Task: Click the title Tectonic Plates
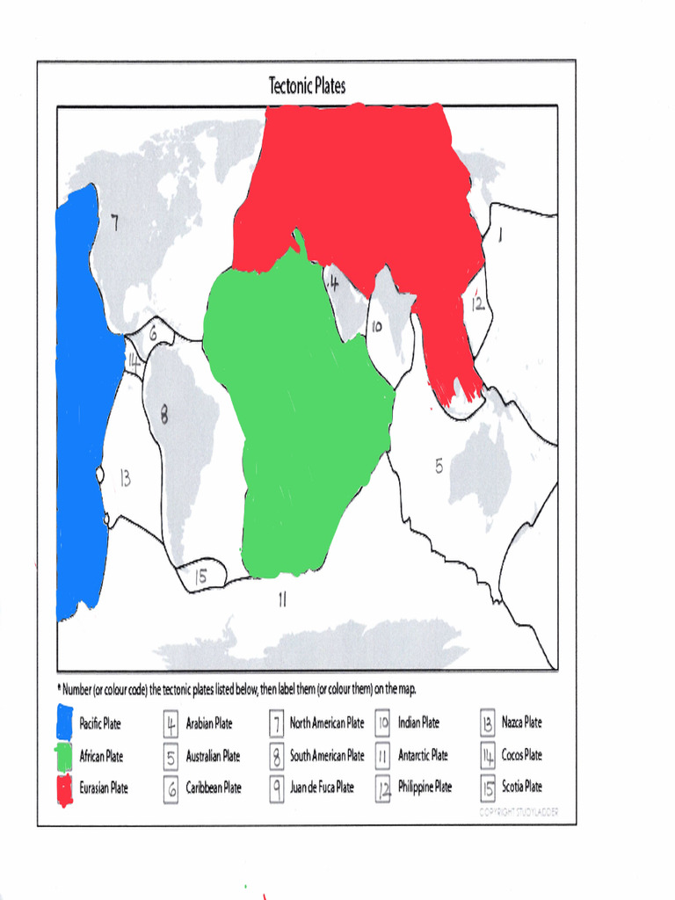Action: tap(307, 85)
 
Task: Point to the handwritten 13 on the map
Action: tap(125, 478)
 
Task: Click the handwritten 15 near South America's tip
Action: tap(200, 576)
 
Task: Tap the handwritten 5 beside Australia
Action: tap(439, 467)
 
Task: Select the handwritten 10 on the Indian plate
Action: tap(376, 327)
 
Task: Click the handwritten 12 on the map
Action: tap(476, 304)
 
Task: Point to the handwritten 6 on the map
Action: tap(153, 333)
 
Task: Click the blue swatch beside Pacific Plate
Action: tap(64, 722)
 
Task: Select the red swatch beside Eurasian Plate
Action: tap(64, 788)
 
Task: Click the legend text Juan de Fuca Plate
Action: tap(322, 787)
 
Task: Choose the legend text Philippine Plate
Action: tap(425, 787)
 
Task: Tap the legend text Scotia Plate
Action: tap(522, 787)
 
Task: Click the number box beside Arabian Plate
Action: tap(171, 724)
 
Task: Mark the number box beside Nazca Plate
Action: tap(488, 723)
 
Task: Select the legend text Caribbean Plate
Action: tap(214, 787)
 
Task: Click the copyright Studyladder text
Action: tap(519, 812)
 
